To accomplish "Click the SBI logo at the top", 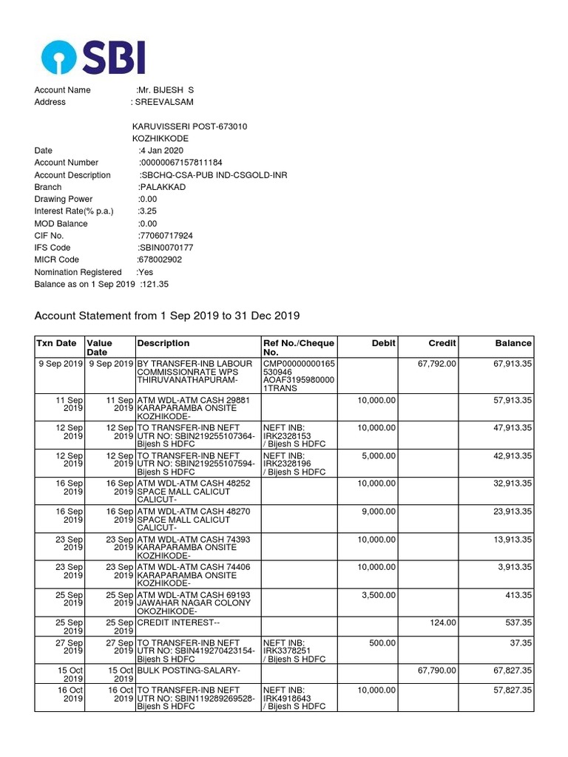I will (x=93, y=57).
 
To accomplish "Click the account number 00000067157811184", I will (x=181, y=163).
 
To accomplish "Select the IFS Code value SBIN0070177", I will (x=166, y=248).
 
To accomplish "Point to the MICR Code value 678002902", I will (x=161, y=260).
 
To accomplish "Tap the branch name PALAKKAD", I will (x=162, y=187).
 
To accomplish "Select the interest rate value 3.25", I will (x=148, y=211).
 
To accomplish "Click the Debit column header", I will (x=384, y=343).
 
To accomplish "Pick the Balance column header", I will (x=513, y=343).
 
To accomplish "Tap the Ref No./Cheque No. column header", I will (x=299, y=347).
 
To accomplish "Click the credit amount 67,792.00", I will (x=436, y=364).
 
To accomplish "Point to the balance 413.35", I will (x=516, y=594).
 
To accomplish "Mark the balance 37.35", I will (x=519, y=643).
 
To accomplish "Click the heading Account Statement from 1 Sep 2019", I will (x=167, y=316).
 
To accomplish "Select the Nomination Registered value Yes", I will (x=145, y=272).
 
